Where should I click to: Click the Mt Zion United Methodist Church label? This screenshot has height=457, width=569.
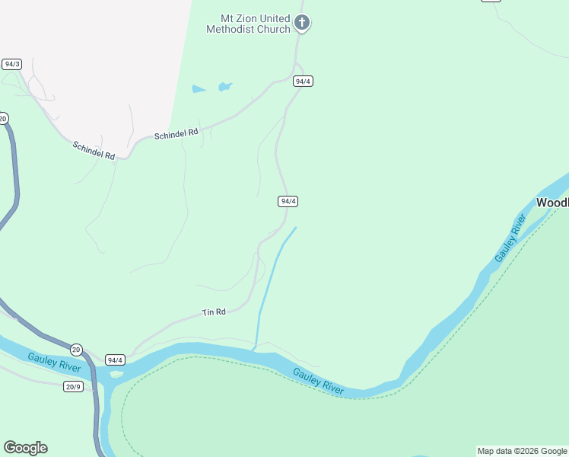[x=248, y=24]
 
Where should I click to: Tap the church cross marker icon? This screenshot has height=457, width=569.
[x=302, y=23]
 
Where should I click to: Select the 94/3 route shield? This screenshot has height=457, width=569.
[x=11, y=64]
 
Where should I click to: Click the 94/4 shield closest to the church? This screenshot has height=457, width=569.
[x=303, y=81]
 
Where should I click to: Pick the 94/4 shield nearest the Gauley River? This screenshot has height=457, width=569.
[x=115, y=360]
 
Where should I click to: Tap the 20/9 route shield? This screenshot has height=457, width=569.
[x=73, y=386]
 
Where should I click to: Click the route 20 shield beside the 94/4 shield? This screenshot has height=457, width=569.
[x=76, y=349]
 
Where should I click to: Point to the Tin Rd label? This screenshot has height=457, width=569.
[x=214, y=312]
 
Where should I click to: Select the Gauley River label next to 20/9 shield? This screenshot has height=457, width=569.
[x=54, y=363]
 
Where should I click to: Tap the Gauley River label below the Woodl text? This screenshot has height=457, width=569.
[x=510, y=238]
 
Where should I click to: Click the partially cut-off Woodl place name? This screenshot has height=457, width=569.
[x=552, y=203]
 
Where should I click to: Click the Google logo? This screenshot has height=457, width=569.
[x=25, y=448]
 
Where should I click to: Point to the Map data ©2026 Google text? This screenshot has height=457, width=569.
[x=523, y=451]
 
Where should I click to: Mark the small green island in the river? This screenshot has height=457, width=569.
[x=116, y=374]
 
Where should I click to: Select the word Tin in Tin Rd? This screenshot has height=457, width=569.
[x=208, y=313]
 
